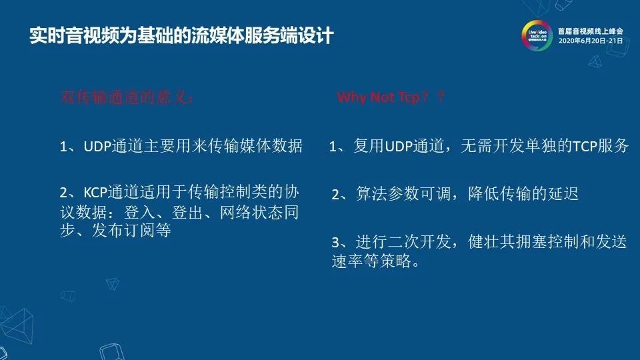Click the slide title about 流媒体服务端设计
(181, 35)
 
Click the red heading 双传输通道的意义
(127, 97)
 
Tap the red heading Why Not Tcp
(391, 97)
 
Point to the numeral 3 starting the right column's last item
(335, 242)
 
